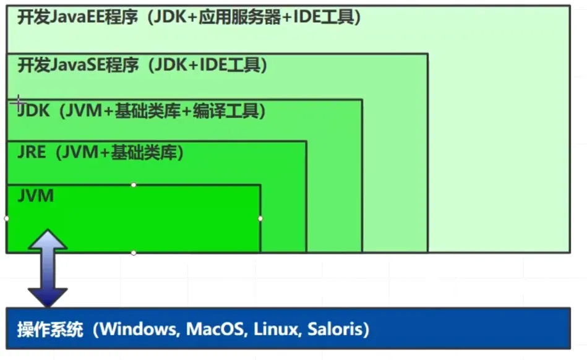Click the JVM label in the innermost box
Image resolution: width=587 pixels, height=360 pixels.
36,196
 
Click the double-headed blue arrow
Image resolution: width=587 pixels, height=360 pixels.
48,268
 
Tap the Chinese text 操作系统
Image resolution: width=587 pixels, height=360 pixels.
49,329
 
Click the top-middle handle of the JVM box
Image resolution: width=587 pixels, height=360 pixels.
134,184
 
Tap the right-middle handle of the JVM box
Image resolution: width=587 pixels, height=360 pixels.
260,218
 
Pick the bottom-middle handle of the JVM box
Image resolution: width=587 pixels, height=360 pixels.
134,252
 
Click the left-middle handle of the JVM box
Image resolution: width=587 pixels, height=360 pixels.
7,218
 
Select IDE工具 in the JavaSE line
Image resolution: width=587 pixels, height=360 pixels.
229,65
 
